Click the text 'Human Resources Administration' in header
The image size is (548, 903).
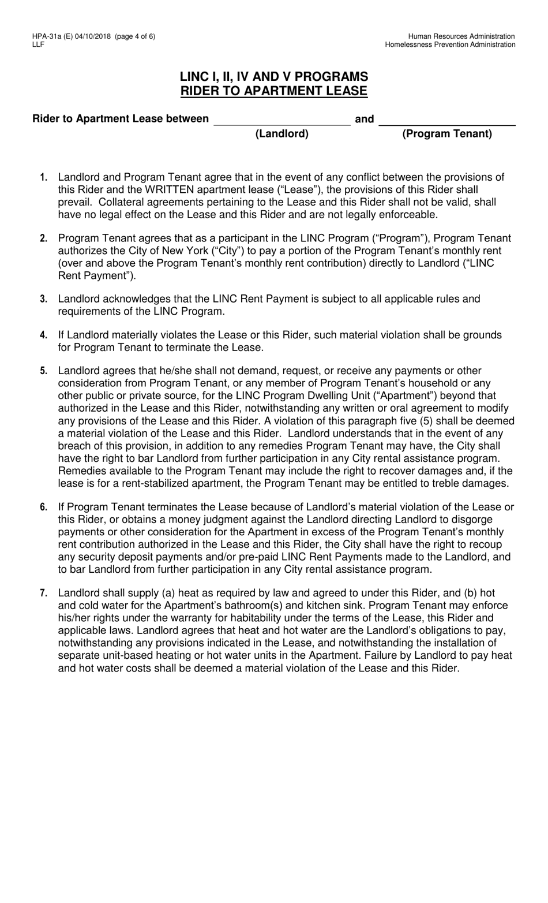click(464, 36)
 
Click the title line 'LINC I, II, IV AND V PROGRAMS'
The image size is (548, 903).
click(274, 77)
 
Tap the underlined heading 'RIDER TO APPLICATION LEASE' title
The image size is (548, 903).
click(274, 91)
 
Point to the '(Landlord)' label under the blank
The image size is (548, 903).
click(282, 134)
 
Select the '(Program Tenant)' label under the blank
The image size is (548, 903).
click(447, 134)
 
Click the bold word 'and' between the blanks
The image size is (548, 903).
click(365, 119)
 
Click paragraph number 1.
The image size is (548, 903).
click(44, 177)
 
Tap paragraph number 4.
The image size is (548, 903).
click(44, 335)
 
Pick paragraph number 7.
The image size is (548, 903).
click(44, 594)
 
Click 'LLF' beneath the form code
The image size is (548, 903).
click(38, 44)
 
